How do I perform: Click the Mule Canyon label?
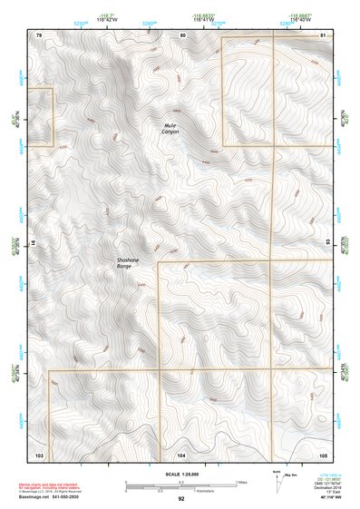170,128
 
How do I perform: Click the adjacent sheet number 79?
39,34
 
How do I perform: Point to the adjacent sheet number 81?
324,34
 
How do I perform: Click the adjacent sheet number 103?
39,453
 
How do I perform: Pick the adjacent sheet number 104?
181,453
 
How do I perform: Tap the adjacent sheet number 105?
324,453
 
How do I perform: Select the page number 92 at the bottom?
181,499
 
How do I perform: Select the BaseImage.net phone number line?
52,497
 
